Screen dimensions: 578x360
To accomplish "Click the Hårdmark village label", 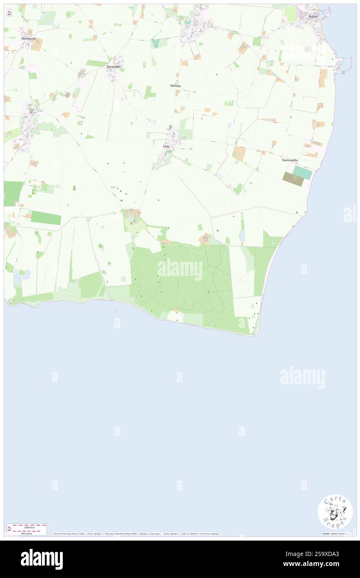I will tap(29, 38).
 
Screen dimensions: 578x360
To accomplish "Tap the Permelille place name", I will tap(113, 67).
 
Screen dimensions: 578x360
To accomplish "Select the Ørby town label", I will tap(167, 146).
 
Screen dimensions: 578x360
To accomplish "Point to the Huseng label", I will tap(175, 85).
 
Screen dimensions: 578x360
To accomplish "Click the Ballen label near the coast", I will tap(313, 16).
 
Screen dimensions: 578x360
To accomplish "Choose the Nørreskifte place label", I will tap(290, 160).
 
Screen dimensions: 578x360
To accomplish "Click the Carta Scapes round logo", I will tap(335, 511).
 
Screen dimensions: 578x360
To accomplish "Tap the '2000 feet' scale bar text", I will tap(29, 527).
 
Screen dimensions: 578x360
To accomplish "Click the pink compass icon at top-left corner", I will tap(10, 12).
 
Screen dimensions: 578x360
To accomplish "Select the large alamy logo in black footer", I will tap(42, 559).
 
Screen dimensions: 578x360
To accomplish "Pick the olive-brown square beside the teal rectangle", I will tap(290, 178).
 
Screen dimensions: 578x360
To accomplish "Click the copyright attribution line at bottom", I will tap(135, 534).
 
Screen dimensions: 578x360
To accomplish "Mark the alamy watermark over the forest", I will tap(180, 269).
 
